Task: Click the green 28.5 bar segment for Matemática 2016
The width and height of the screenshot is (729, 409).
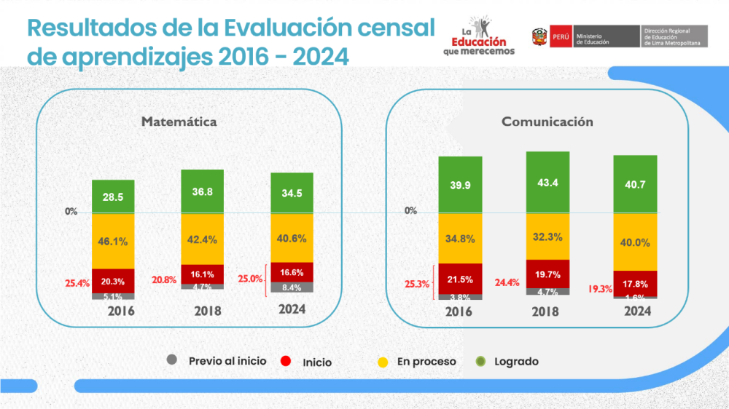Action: pos(113,196)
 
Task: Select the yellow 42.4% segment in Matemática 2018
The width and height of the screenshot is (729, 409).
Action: pos(203,239)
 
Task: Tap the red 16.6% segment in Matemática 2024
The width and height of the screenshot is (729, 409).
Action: pos(292,271)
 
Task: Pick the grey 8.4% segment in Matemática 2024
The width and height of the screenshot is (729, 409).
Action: pos(292,287)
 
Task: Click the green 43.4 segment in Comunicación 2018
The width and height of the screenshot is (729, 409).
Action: pos(547,182)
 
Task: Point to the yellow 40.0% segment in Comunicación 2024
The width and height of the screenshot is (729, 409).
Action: pos(635,242)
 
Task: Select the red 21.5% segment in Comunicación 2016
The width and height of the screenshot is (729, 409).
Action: pos(460,279)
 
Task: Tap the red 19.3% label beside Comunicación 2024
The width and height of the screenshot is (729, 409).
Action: pos(600,289)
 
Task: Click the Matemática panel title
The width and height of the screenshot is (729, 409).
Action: pos(179,122)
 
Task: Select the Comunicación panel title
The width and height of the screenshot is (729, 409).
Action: pos(547,122)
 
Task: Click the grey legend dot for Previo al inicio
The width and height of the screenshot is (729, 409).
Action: pos(172,360)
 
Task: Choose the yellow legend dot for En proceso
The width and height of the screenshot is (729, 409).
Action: pos(381,360)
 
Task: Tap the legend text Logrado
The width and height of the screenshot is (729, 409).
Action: pos(516,361)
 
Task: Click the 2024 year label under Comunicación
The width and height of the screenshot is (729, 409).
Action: pos(636,311)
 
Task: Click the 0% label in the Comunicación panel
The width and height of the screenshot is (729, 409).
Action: pos(410,211)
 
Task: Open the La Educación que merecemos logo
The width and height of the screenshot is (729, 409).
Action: pos(478,36)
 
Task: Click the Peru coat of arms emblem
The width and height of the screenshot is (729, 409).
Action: pos(540,36)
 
